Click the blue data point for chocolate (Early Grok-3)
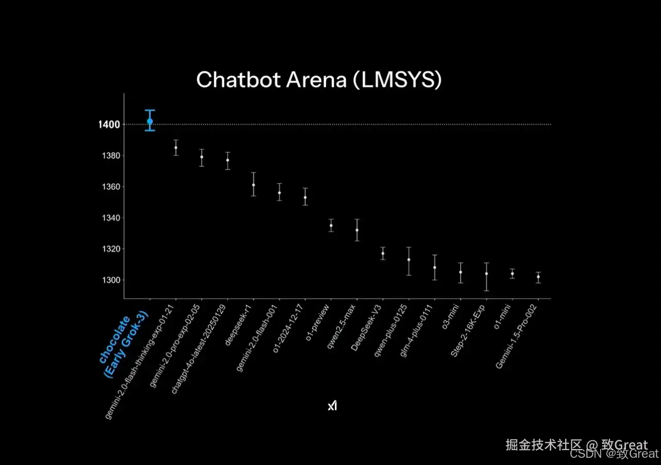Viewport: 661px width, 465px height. pos(150,122)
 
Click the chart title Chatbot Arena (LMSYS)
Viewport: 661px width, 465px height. pos(319,80)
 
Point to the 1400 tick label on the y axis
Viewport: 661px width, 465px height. pos(109,125)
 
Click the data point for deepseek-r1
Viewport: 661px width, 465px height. pos(253,185)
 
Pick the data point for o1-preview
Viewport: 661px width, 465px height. pos(331,225)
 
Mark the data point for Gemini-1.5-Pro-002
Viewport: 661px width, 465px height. pos(538,277)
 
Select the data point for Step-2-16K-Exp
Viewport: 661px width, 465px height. pos(486,273)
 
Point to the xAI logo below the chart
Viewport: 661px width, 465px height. pos(332,406)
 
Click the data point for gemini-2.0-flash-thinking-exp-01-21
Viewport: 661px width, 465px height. pos(176,148)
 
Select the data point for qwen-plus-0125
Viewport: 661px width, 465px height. pos(409,260)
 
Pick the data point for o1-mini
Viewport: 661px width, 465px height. pos(512,273)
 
